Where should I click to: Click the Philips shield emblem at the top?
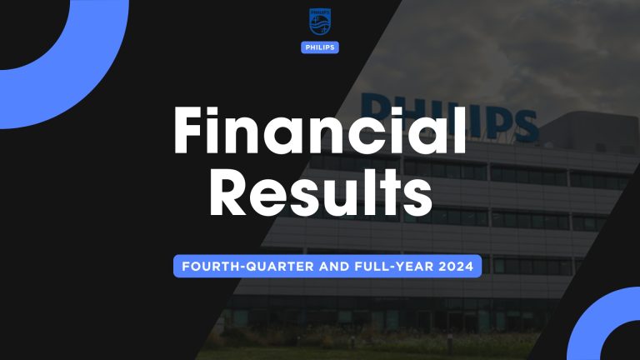[319, 23]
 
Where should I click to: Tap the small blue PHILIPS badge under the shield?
[319, 47]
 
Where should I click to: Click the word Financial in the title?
[319, 133]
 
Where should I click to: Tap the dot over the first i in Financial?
[227, 112]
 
